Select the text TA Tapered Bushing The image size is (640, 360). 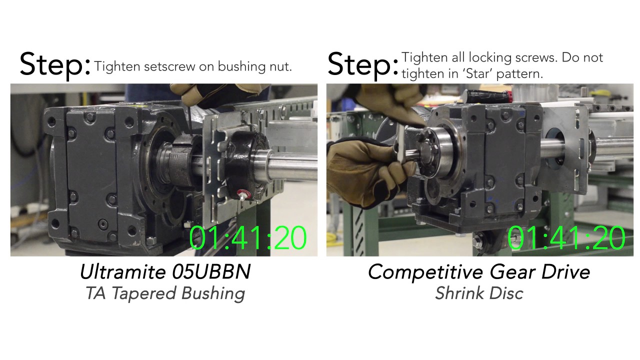(x=165, y=293)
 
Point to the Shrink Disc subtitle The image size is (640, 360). (x=479, y=293)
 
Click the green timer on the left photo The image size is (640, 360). (x=248, y=238)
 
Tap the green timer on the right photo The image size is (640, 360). (x=566, y=238)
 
